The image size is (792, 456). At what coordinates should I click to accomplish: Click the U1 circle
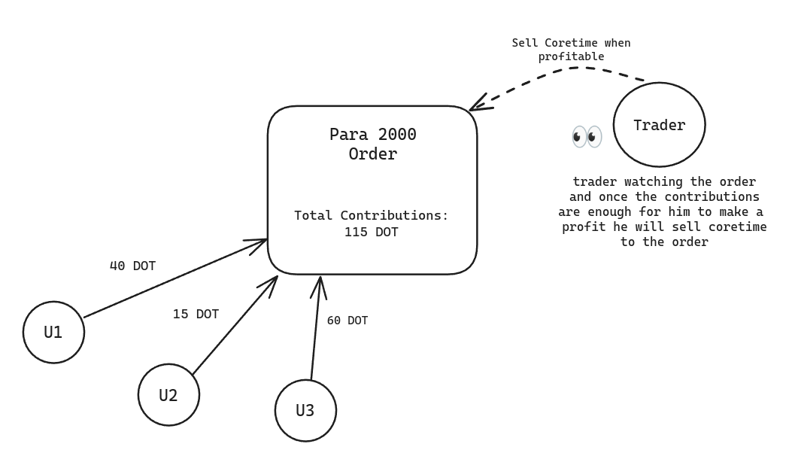point(53,332)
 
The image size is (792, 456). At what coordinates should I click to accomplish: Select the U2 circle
point(168,394)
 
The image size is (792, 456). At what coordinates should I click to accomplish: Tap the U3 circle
point(305,410)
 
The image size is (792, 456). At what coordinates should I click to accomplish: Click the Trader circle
point(659,125)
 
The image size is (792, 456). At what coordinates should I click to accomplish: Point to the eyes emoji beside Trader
point(587,136)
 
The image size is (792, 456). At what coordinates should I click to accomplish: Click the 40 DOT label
point(132,266)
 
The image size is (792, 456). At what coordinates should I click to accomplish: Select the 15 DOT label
point(196,315)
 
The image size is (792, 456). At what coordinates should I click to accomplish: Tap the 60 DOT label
point(347,321)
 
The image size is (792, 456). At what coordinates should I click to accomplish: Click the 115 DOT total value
point(371,233)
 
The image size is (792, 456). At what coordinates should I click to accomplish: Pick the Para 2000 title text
point(372,135)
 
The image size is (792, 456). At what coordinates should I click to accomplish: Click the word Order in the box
point(372,154)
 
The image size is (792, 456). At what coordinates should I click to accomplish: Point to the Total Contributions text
point(371,216)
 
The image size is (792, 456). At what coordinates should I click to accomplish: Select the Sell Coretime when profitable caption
point(571,50)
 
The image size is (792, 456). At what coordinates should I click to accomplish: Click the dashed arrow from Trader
point(572,68)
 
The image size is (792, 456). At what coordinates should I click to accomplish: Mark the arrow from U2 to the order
point(233,327)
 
